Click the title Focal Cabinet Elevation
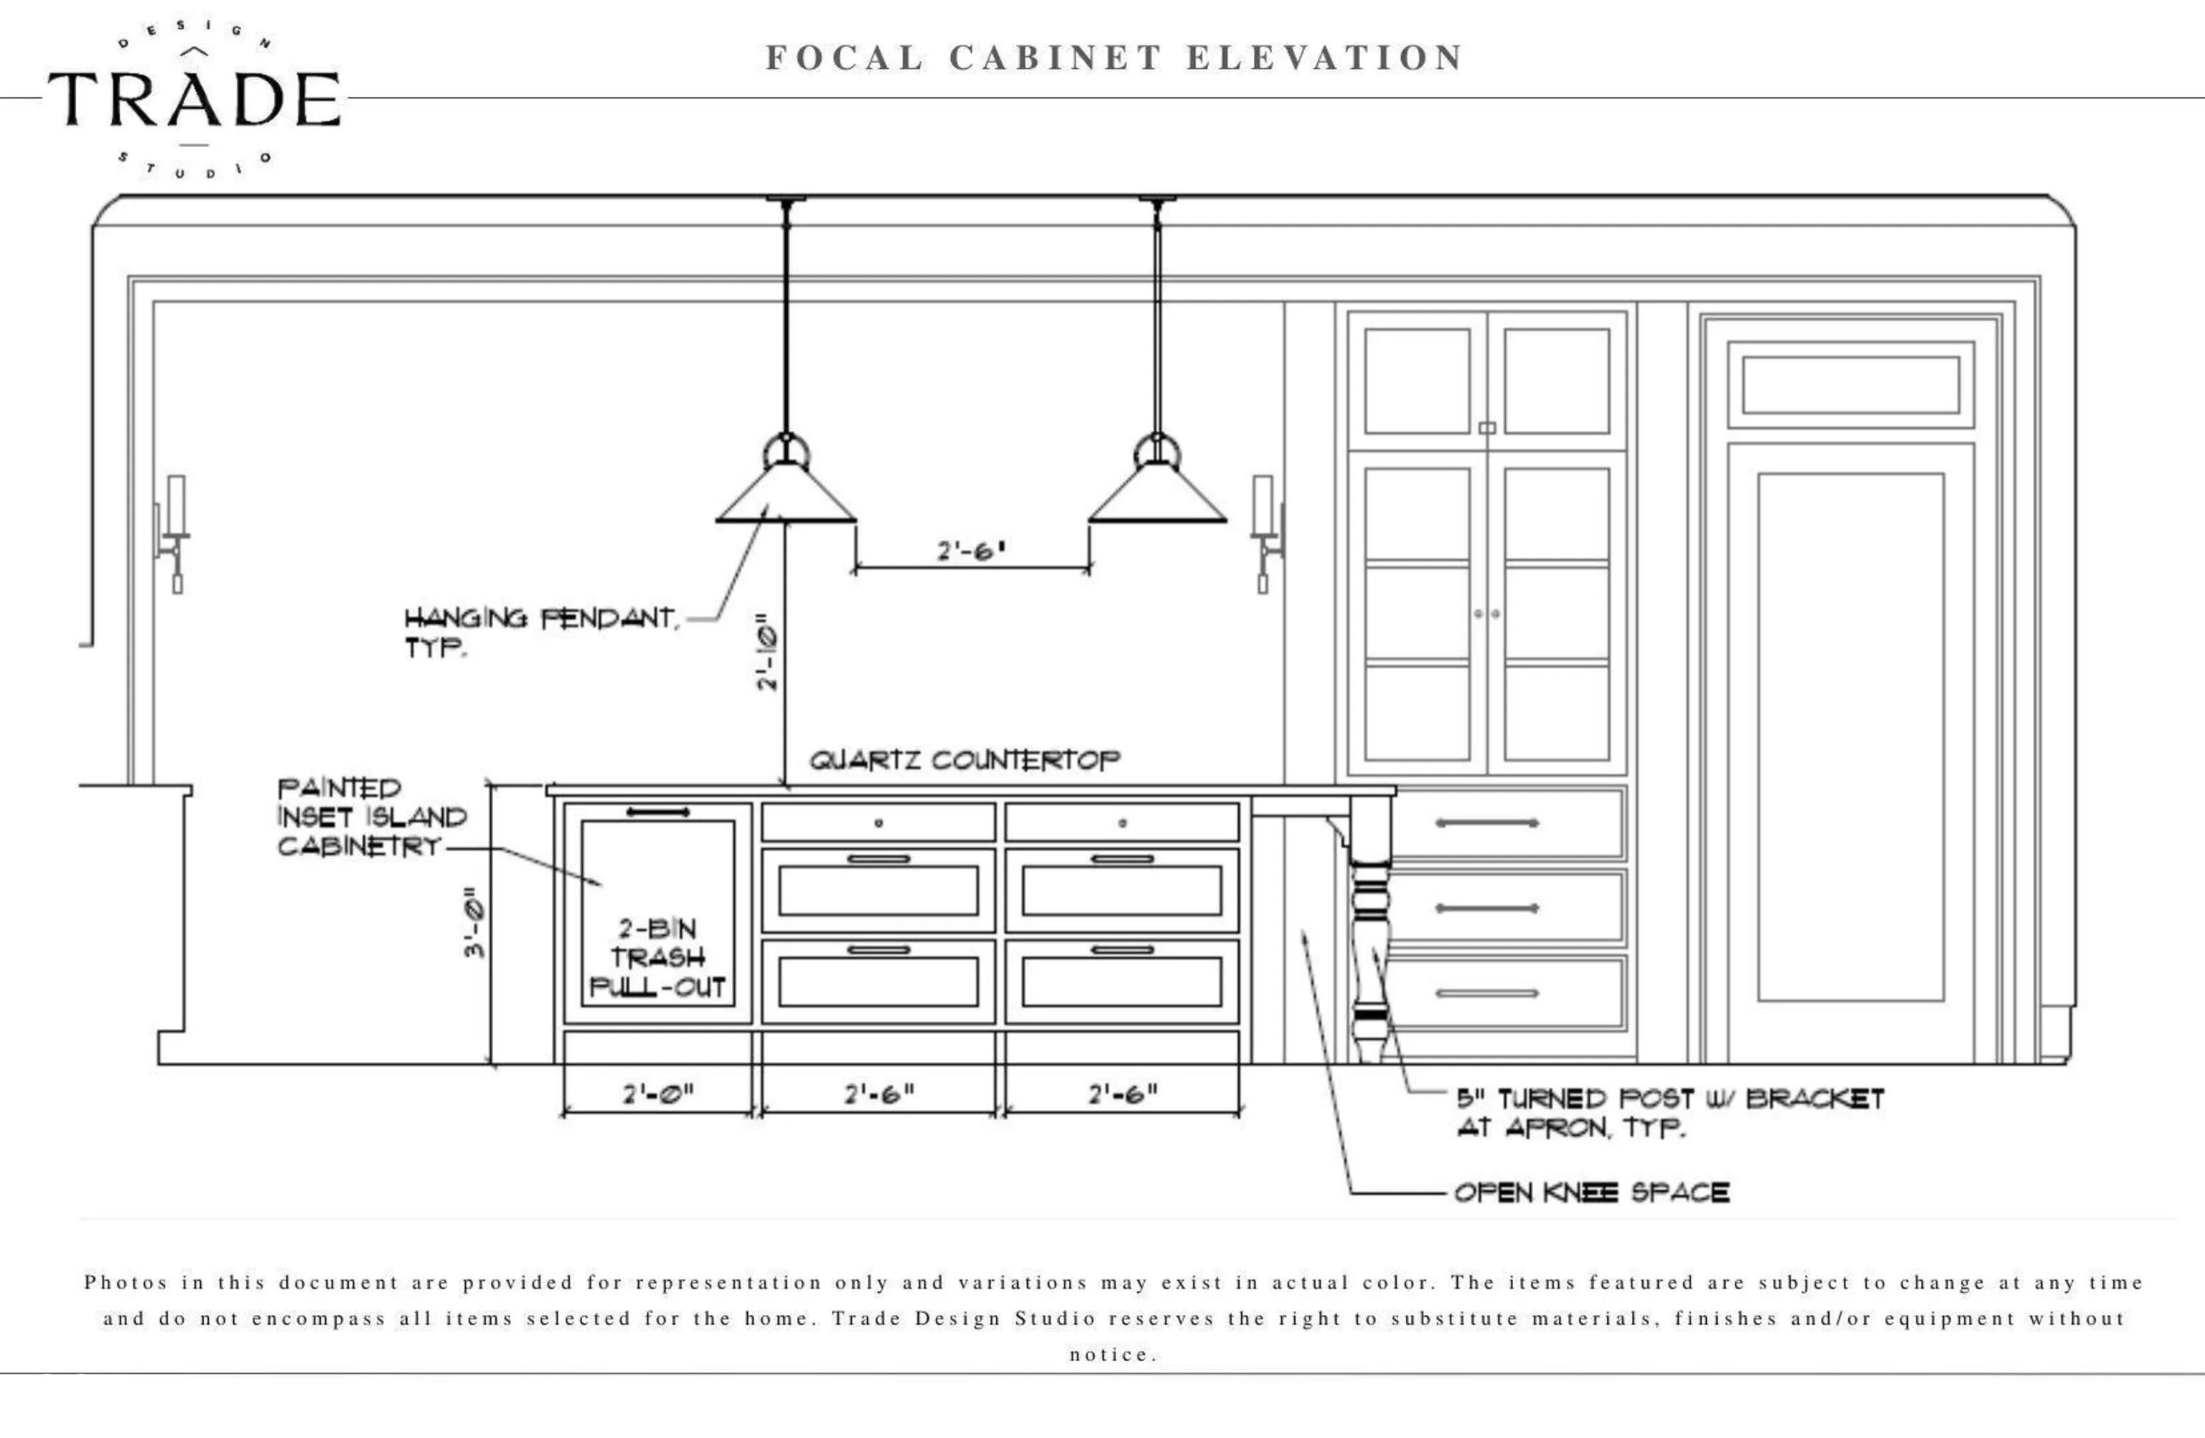pos(1113,57)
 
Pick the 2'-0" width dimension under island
pos(657,1094)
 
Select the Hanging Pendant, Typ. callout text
pos(541,631)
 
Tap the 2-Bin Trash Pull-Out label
pos(657,958)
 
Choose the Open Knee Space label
pos(1591,1192)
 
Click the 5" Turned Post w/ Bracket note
pos(1670,1113)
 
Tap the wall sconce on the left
pos(174,533)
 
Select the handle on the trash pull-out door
pos(657,813)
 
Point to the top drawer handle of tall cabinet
pos(1487,823)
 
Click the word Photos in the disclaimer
pos(126,1283)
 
